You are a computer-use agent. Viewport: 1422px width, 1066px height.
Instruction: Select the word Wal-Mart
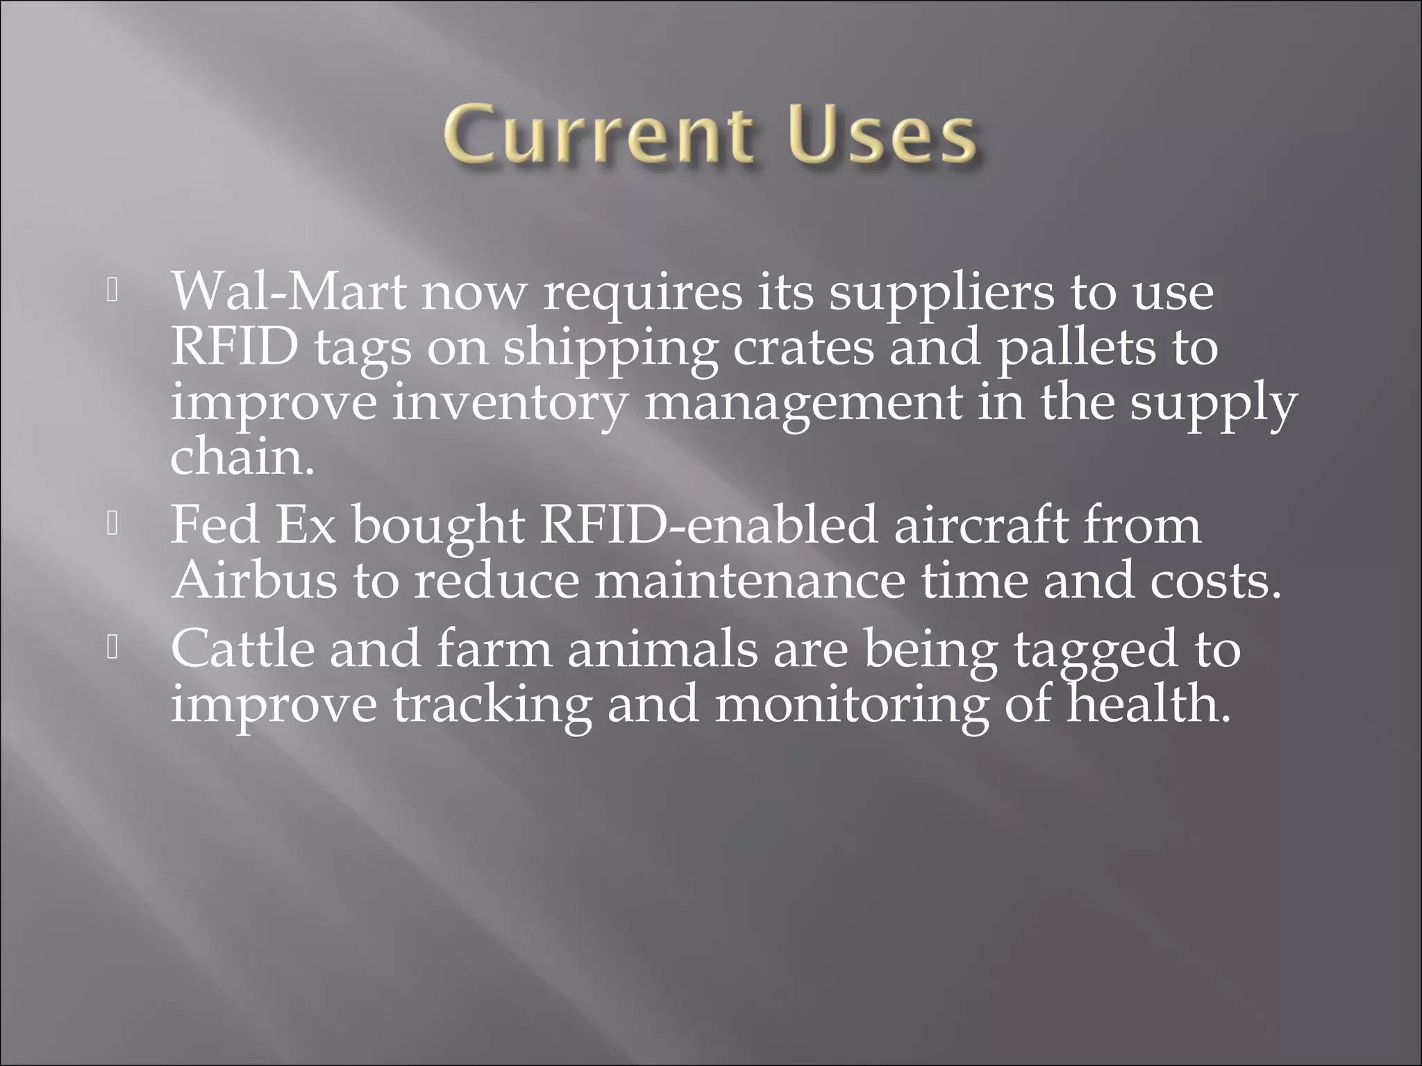(x=288, y=291)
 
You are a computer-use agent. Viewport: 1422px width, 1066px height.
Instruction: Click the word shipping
(x=610, y=348)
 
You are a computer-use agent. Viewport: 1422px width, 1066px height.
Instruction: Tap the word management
(x=803, y=404)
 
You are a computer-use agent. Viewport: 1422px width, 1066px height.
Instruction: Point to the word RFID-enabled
(x=709, y=525)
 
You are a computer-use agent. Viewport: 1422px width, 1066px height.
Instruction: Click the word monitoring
(x=851, y=705)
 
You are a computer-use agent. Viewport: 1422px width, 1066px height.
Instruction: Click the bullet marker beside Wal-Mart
(x=113, y=291)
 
